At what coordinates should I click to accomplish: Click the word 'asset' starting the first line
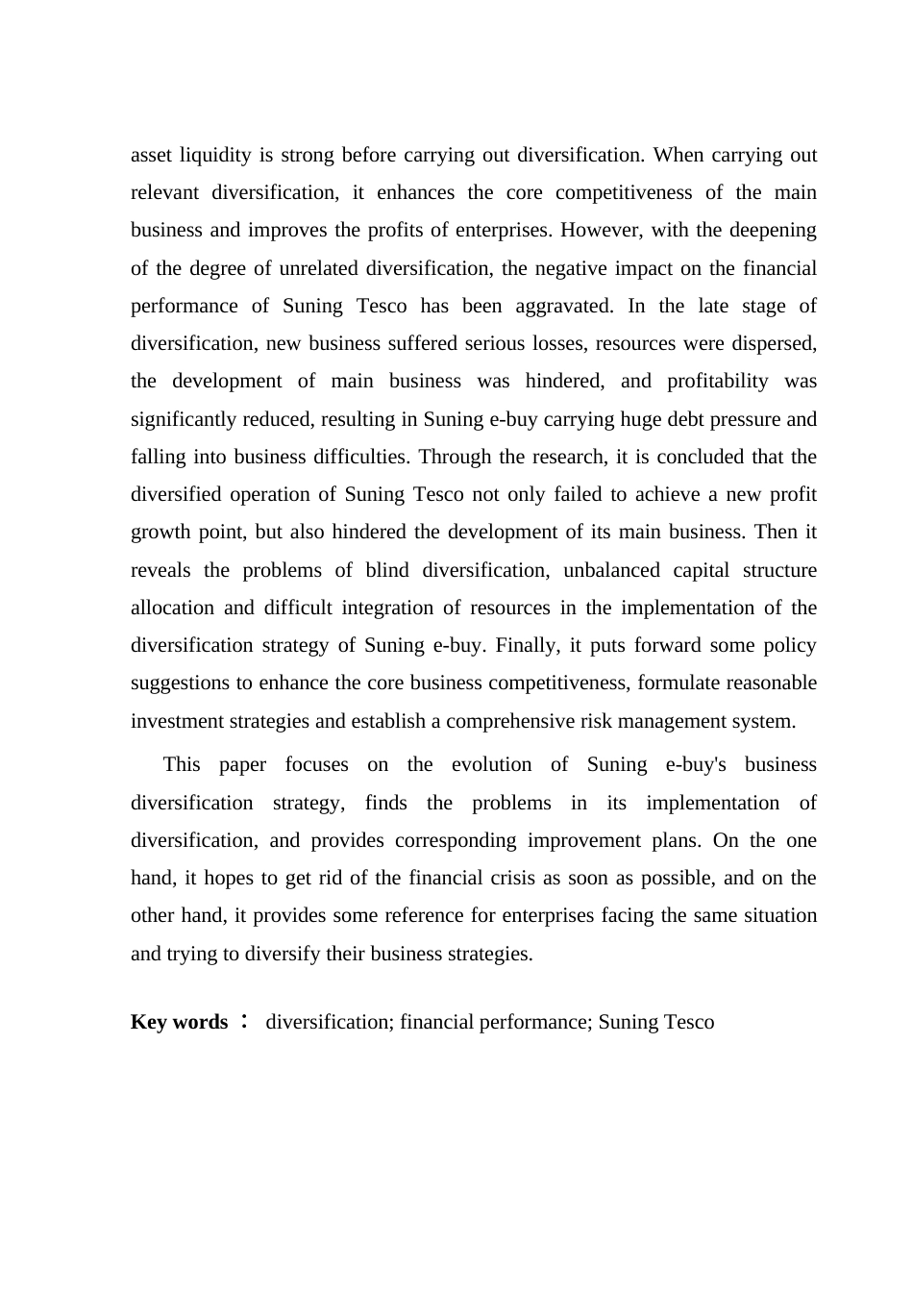pos(150,156)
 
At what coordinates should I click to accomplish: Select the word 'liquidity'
pos(214,156)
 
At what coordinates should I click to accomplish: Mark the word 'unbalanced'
pos(611,571)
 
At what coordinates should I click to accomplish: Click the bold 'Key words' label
pos(180,1023)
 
